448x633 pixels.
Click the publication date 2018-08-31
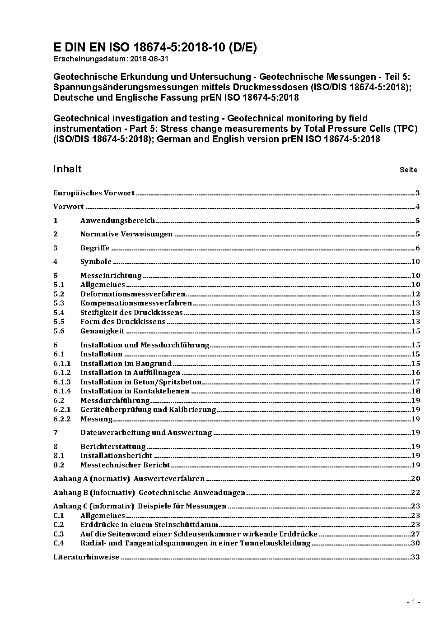149,59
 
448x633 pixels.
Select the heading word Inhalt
67,169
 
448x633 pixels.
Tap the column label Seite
408,170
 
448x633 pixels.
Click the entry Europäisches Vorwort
94,193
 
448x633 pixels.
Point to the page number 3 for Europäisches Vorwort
418,193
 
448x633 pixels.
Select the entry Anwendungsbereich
117,221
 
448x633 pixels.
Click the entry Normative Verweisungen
126,234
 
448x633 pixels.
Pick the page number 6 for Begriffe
418,248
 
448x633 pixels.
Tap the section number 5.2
59,294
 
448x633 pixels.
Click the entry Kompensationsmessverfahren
136,303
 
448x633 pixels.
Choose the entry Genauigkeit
102,331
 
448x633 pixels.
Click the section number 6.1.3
62,382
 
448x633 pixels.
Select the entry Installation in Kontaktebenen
135,391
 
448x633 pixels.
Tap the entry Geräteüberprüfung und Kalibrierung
148,410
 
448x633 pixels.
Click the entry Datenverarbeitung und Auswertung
146,433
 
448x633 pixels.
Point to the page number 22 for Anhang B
415,493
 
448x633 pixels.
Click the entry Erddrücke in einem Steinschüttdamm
149,525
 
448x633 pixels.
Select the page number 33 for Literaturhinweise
415,557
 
